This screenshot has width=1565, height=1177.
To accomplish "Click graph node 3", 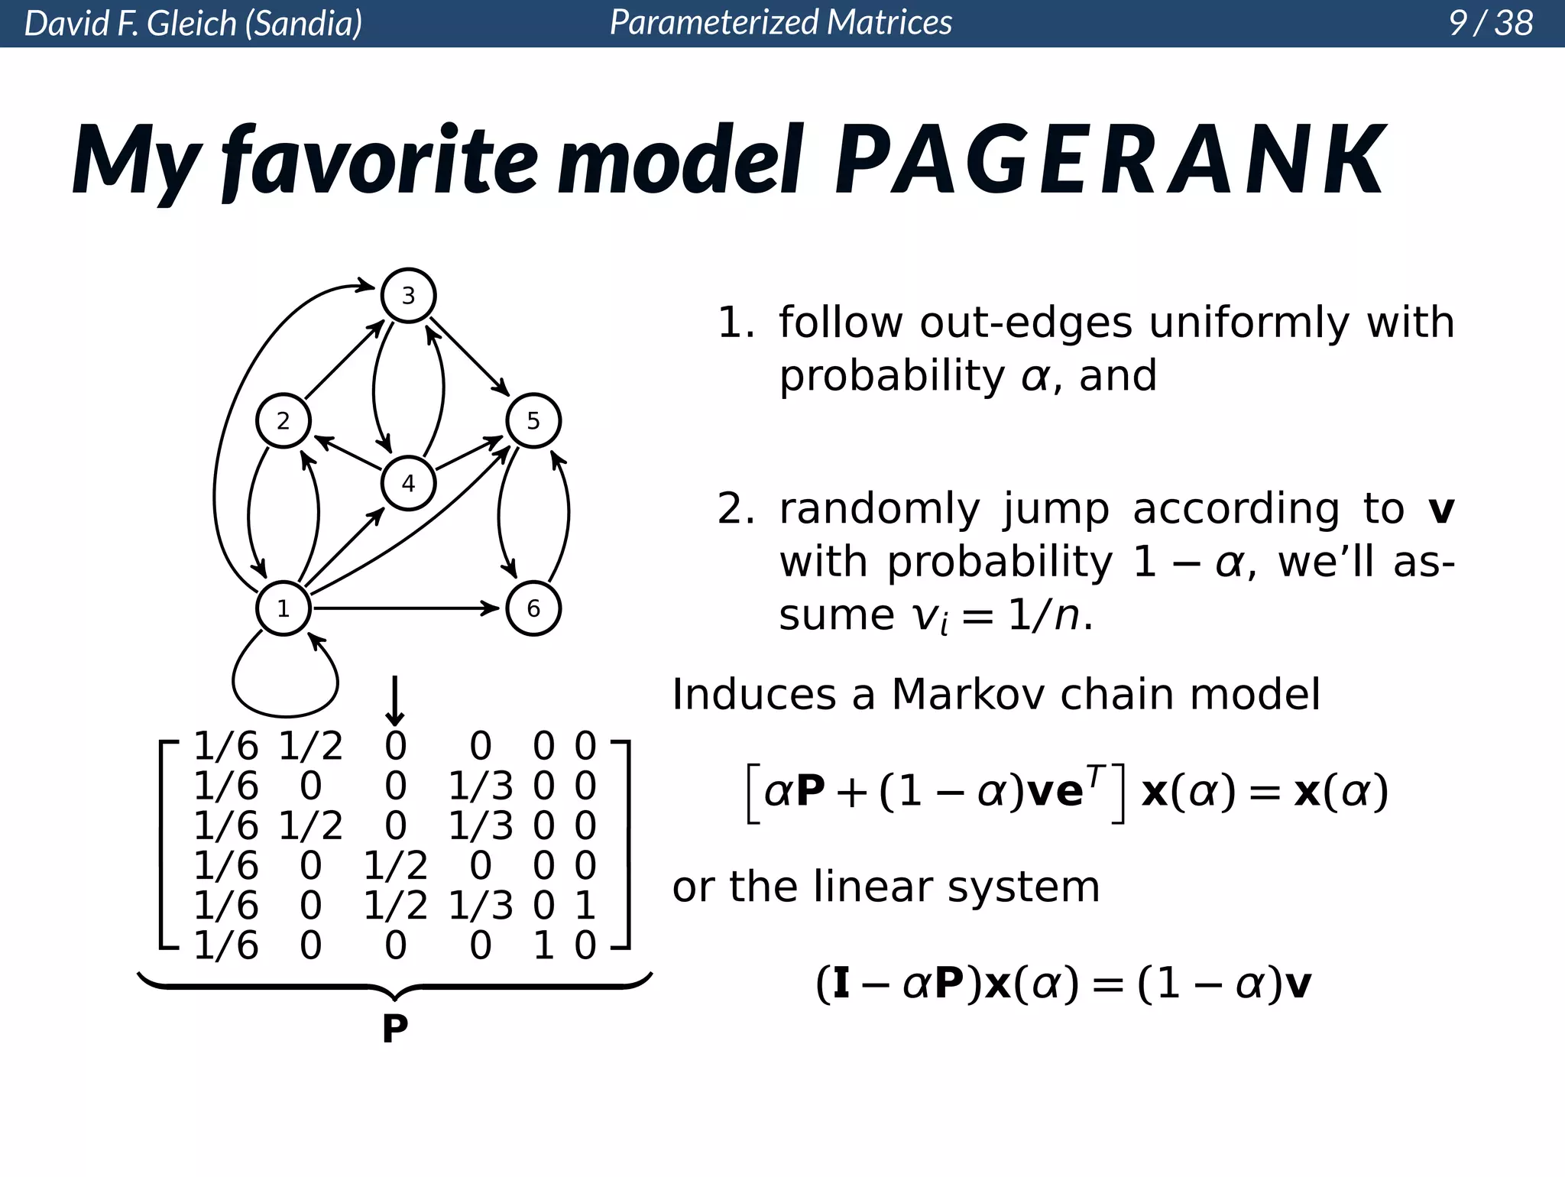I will (x=408, y=295).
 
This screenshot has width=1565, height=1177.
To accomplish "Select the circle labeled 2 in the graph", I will (x=284, y=420).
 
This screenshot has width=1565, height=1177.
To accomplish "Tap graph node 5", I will (x=533, y=420).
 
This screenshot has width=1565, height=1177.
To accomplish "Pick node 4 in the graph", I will (x=408, y=483).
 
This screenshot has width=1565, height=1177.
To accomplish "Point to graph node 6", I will (x=533, y=608).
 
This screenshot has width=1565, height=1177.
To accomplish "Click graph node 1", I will (x=284, y=608).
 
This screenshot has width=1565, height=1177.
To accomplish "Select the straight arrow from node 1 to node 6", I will (x=405, y=608).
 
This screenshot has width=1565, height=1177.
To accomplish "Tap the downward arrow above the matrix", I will (x=394, y=700).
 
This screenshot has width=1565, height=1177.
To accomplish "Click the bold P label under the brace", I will (x=395, y=1029).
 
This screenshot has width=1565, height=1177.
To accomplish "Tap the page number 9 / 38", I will (x=1490, y=23).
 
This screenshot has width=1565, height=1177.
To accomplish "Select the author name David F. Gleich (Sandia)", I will (x=193, y=24).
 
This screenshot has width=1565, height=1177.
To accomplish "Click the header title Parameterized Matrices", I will (x=781, y=23).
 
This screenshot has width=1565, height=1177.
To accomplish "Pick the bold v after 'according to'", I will (x=1440, y=510).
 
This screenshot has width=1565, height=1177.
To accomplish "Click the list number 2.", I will (x=735, y=509).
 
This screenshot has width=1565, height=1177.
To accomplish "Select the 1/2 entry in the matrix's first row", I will (x=310, y=746).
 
